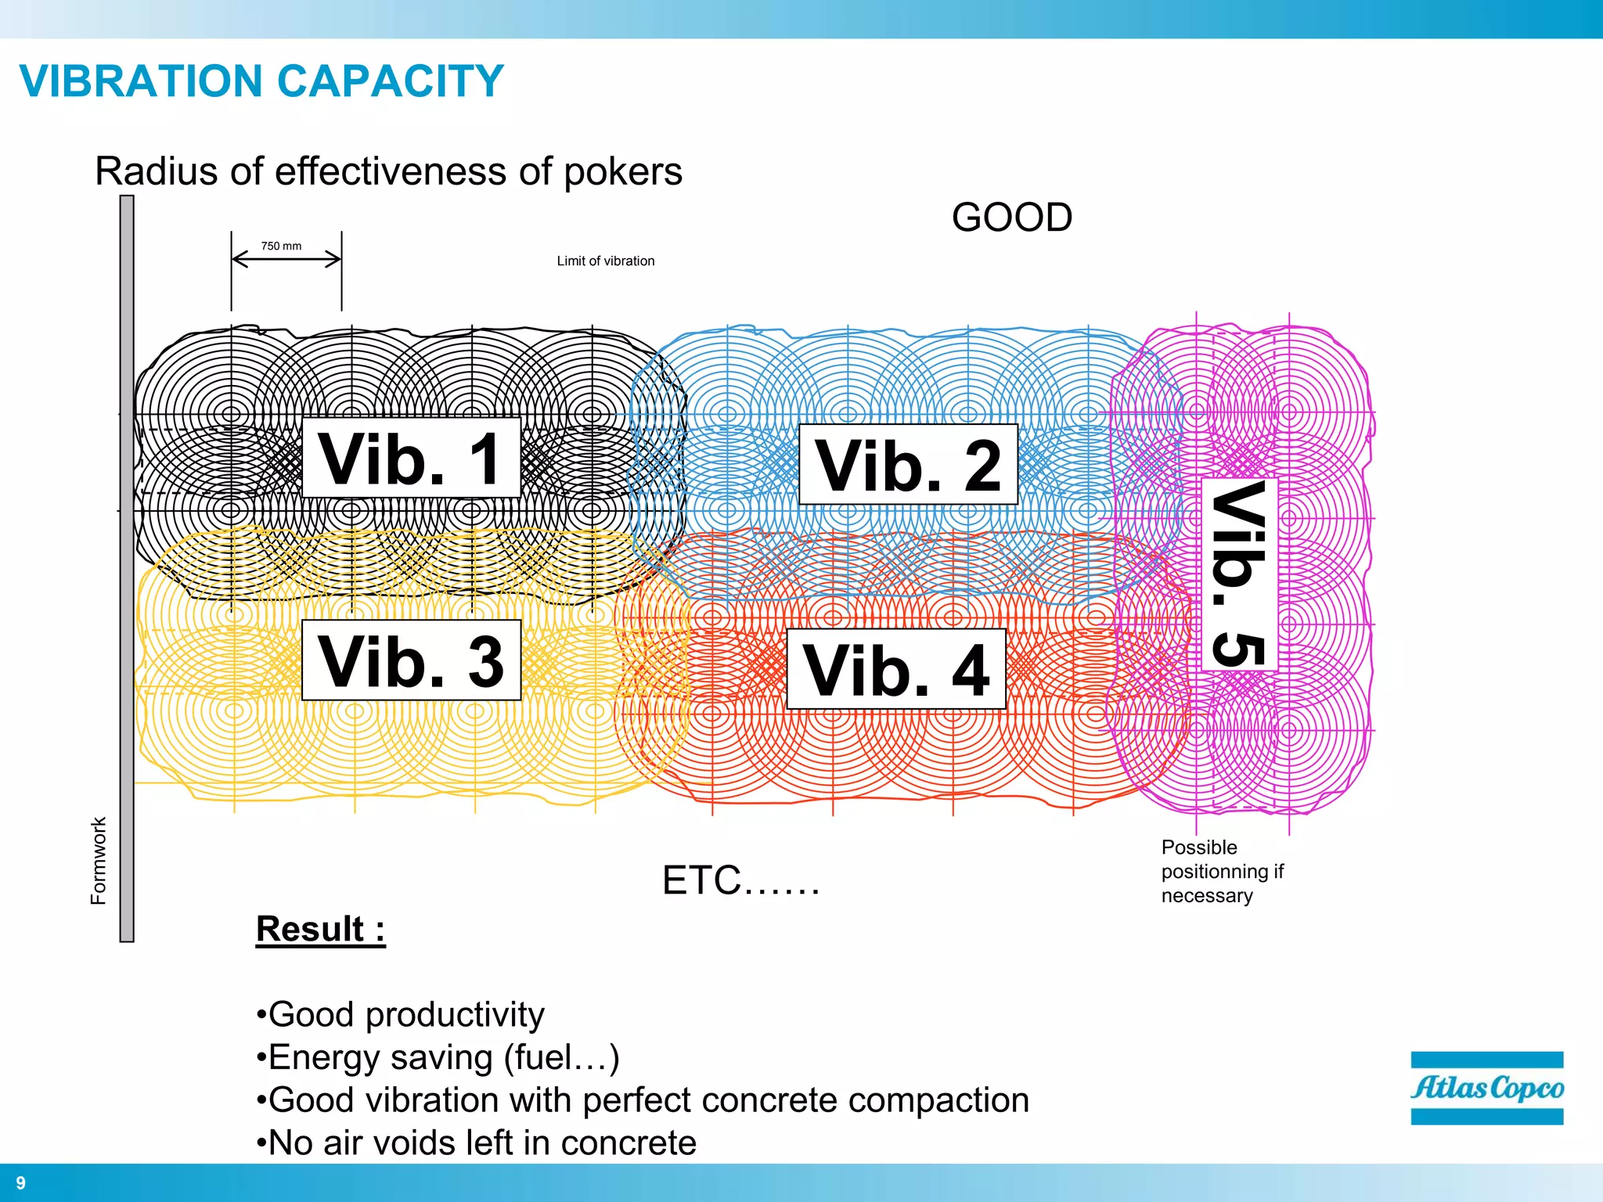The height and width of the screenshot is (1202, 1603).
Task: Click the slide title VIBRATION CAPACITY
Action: [261, 81]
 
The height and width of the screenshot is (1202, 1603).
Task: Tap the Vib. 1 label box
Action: [411, 459]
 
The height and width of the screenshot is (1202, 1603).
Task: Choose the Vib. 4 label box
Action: [895, 670]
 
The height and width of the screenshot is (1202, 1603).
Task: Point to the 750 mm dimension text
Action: [281, 246]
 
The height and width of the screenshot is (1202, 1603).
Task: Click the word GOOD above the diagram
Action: [1011, 218]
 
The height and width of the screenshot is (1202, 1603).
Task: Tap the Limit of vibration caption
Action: [605, 261]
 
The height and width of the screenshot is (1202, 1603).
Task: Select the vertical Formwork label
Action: [98, 861]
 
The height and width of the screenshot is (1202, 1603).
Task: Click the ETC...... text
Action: [740, 881]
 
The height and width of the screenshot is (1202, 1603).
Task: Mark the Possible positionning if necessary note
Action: [1221, 871]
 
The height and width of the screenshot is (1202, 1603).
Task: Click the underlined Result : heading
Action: [320, 930]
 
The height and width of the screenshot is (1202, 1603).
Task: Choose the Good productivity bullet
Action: [400, 1015]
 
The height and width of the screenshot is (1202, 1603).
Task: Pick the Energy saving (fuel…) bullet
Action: [438, 1057]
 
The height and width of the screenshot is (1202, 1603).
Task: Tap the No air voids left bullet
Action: [476, 1143]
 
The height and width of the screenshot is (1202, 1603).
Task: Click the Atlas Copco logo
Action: [1486, 1088]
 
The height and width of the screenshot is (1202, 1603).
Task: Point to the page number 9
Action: [21, 1183]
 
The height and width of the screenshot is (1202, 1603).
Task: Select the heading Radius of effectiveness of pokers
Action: [388, 171]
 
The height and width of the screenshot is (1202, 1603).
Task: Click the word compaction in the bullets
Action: [938, 1100]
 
